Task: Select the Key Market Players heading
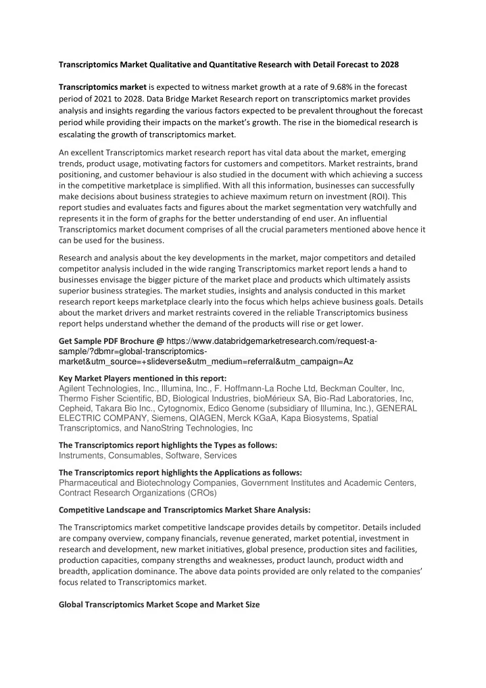143,378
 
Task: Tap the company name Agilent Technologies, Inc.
101,388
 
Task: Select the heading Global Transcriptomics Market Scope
159,604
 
